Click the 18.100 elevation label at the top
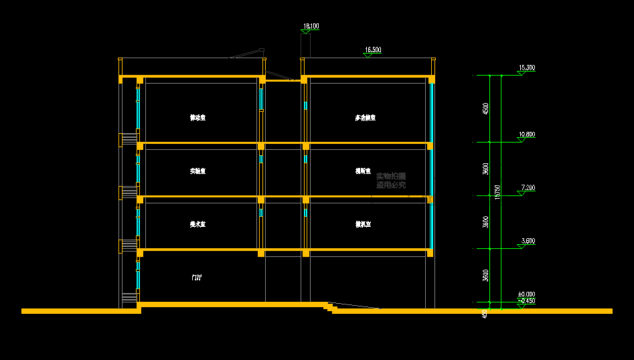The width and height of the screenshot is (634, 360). [311, 27]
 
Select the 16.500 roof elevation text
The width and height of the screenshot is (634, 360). [373, 50]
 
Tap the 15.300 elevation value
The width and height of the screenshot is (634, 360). [527, 68]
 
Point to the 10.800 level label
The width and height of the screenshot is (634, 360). [527, 134]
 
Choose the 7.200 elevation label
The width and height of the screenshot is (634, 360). [527, 188]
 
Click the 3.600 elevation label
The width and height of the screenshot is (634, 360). [527, 241]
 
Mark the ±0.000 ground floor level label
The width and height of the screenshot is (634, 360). [526, 294]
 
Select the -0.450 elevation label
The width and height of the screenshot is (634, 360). [527, 301]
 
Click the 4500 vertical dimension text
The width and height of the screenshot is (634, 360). [485, 108]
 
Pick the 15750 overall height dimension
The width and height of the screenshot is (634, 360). [497, 193]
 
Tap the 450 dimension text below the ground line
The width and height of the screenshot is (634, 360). [485, 313]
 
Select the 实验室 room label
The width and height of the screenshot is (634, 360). [197, 171]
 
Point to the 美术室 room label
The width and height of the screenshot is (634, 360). [197, 225]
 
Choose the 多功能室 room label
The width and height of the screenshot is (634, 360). [365, 118]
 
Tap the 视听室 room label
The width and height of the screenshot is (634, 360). [364, 171]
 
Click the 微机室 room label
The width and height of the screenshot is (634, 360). [364, 225]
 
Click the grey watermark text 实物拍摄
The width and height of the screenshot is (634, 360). [390, 176]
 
